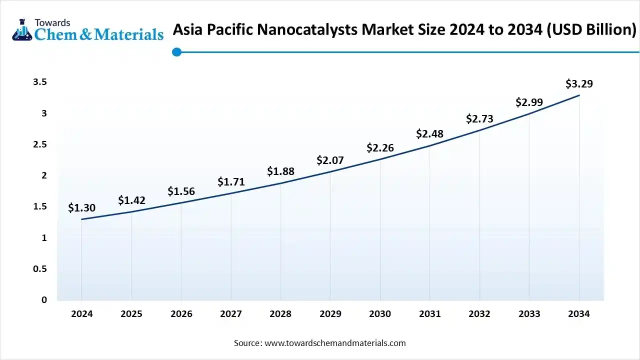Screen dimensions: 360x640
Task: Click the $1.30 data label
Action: [x=81, y=207]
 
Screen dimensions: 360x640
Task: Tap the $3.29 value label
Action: [x=579, y=83]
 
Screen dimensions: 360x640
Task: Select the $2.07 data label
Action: [x=330, y=160]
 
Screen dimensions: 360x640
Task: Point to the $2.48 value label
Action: [x=429, y=134]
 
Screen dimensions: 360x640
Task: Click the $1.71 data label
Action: [x=231, y=182]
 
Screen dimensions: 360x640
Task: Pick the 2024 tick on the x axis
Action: [x=81, y=314]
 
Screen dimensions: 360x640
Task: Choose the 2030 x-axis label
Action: [x=380, y=314]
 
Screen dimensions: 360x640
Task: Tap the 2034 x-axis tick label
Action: [x=579, y=314]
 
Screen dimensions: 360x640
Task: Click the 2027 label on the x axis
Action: [x=231, y=314]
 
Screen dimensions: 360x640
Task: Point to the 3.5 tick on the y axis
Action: [x=40, y=82]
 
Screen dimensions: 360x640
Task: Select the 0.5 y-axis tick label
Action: [x=40, y=269]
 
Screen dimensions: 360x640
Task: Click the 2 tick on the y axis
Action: [x=44, y=175]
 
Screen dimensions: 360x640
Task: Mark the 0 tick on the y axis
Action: [x=44, y=300]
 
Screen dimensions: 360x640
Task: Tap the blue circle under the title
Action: [x=176, y=52]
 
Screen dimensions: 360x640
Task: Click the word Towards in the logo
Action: [x=52, y=22]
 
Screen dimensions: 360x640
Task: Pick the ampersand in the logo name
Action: [x=86, y=34]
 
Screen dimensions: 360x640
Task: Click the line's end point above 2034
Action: [x=579, y=95]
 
